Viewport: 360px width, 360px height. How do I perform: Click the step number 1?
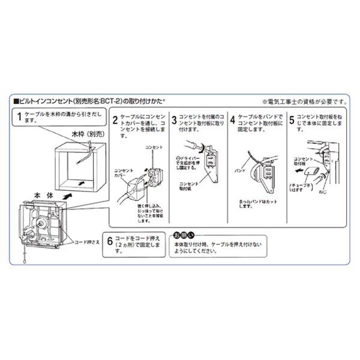pyautogui.click(x=20, y=118)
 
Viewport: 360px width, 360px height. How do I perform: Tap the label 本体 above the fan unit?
pyautogui.click(x=43, y=196)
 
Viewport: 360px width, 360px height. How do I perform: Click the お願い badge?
pyautogui.click(x=183, y=234)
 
